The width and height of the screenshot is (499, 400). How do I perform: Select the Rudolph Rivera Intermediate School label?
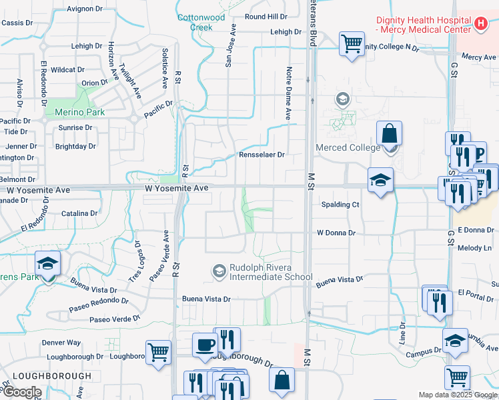(270, 272)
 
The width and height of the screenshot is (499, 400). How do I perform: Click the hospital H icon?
(481, 25)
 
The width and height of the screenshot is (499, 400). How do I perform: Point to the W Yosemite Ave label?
(177, 189)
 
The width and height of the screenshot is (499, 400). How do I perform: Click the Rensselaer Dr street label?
(262, 155)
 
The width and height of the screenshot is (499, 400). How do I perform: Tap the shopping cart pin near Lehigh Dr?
(352, 44)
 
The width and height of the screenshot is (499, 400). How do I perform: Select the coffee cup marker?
(205, 345)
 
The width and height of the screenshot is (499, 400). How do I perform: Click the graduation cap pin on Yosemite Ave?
(380, 180)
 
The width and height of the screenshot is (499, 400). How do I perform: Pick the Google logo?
(22, 392)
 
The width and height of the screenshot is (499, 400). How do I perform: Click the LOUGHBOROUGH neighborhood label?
(51, 376)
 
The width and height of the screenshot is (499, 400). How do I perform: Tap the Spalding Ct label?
(340, 205)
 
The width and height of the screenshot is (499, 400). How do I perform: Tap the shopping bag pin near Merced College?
(389, 133)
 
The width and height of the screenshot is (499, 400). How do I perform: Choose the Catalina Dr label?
(79, 213)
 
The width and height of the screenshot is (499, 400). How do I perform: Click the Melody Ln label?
(474, 248)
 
